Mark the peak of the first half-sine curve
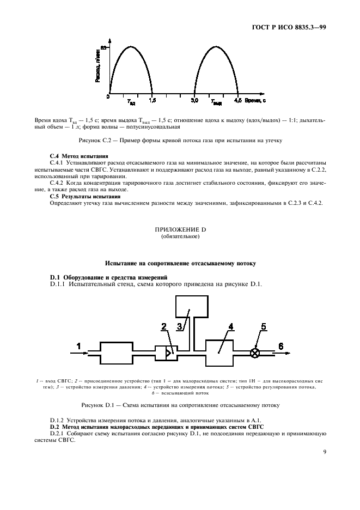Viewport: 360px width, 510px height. pos(131,47)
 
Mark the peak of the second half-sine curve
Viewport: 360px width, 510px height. pos(217,47)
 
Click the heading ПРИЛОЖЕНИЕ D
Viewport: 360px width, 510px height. pos(180,230)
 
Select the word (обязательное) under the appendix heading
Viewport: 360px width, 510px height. pos(180,237)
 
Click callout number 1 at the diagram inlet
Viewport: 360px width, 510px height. pos(78,345)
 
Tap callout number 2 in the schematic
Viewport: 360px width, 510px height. pos(163,327)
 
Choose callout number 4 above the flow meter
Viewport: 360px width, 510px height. pos(230,327)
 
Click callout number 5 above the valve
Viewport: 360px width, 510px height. pos(264,327)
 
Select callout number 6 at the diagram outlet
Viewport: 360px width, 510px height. pos(281,346)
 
